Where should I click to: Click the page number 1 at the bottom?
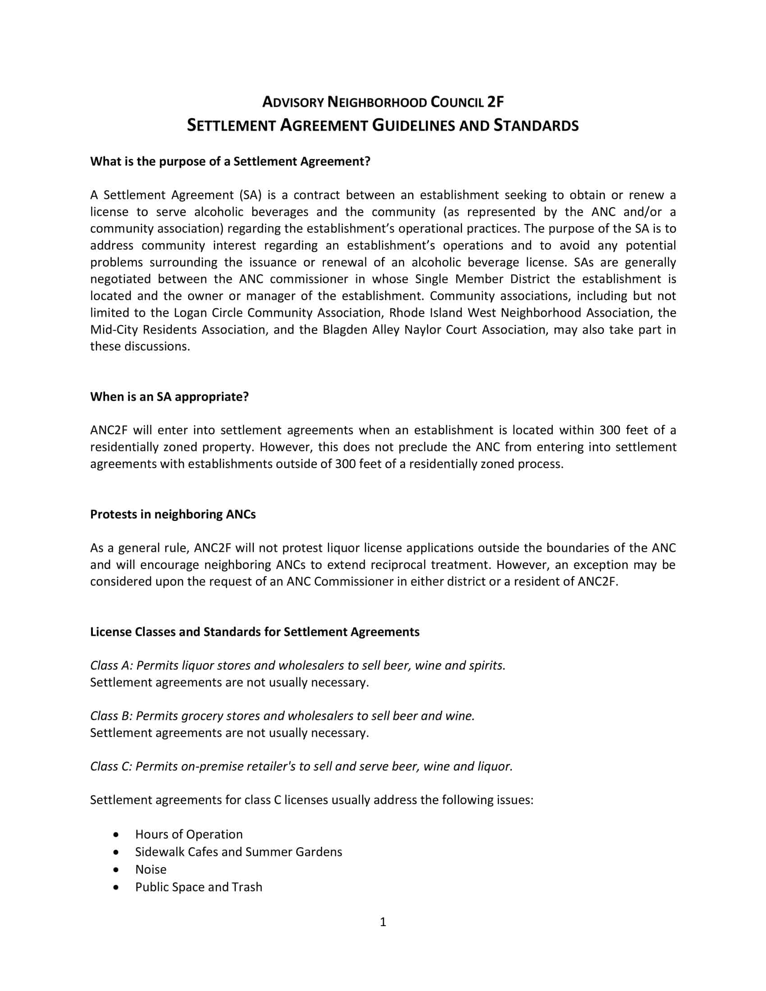[x=383, y=922]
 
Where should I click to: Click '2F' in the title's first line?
[x=495, y=102]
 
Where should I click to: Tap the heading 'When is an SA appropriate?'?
[x=169, y=396]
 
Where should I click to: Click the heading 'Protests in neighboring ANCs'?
[x=173, y=514]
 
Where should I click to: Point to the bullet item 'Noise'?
[x=150, y=869]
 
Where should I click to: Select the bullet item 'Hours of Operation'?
[x=189, y=834]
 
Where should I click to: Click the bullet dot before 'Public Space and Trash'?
[x=118, y=886]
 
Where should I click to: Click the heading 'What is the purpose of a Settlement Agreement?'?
[x=230, y=162]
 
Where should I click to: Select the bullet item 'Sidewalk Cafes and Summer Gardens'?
[x=238, y=852]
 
